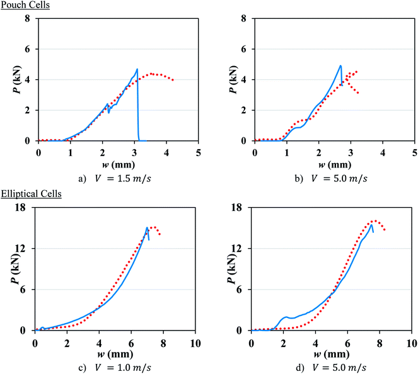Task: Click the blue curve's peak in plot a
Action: click(137, 69)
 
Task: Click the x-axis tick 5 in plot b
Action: click(414, 152)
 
